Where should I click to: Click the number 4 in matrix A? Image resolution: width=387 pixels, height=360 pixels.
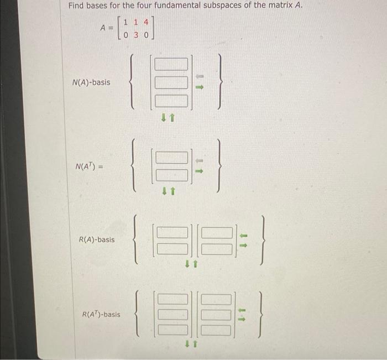(146, 23)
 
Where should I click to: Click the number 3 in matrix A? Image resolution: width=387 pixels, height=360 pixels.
(137, 34)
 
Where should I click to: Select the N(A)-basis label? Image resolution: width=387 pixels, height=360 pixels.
(91, 82)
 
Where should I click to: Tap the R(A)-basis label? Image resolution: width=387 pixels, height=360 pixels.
(97, 240)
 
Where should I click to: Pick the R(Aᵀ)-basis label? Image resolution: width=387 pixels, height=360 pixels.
(101, 315)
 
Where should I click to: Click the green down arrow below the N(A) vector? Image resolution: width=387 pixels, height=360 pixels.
(164, 117)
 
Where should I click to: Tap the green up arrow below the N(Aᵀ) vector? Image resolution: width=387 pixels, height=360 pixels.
(172, 192)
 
